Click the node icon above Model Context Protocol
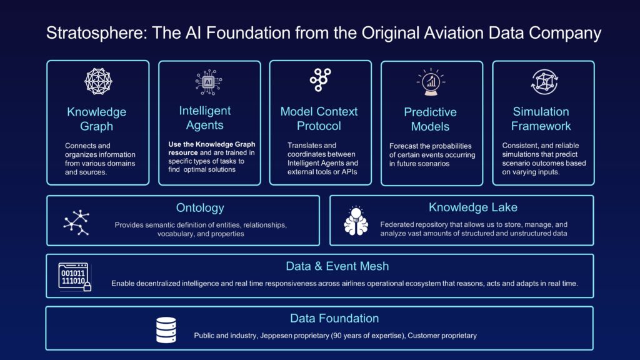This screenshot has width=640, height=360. pyautogui.click(x=320, y=80)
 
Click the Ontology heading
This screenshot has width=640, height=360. pyautogui.click(x=200, y=208)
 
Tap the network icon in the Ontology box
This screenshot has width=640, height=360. pyautogui.click(x=77, y=222)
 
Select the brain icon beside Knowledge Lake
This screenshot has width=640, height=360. pyautogui.click(x=356, y=221)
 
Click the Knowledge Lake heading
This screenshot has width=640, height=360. pyautogui.click(x=473, y=207)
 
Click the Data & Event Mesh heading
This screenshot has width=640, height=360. pyautogui.click(x=337, y=266)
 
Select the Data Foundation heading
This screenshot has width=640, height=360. pyautogui.click(x=334, y=318)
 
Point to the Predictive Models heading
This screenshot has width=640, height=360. pyautogui.click(x=430, y=119)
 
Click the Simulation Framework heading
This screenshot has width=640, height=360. pyautogui.click(x=541, y=119)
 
